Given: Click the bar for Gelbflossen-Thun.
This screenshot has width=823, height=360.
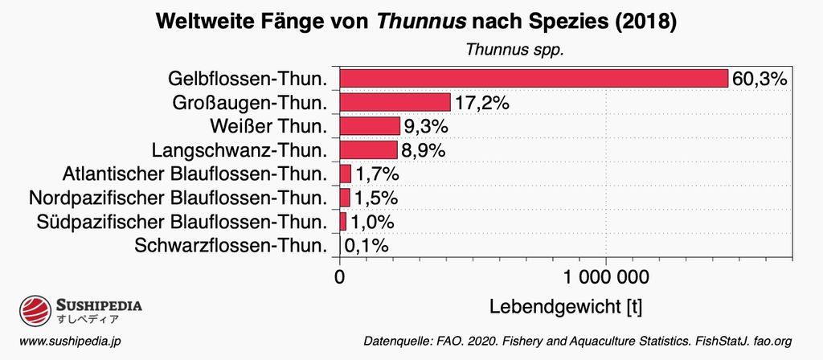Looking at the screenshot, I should (x=533, y=78).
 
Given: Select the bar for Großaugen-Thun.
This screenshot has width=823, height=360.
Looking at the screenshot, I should (x=395, y=102).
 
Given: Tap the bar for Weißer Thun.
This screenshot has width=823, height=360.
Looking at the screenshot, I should (x=370, y=126).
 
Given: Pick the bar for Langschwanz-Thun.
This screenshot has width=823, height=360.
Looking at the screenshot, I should (x=368, y=150).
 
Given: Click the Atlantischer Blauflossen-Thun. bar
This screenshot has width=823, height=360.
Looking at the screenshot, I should (x=346, y=174).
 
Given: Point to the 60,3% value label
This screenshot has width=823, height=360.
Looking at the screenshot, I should (x=759, y=79).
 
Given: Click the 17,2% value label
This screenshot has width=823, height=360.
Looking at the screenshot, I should (x=482, y=103).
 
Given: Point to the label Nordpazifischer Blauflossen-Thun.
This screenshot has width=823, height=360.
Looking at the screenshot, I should (x=178, y=198).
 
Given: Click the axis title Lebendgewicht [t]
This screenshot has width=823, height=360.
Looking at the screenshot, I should (x=565, y=307).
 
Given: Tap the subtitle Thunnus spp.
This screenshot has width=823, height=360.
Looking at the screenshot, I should (x=515, y=50).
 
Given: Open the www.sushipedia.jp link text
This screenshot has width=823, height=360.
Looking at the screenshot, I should (x=70, y=341).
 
